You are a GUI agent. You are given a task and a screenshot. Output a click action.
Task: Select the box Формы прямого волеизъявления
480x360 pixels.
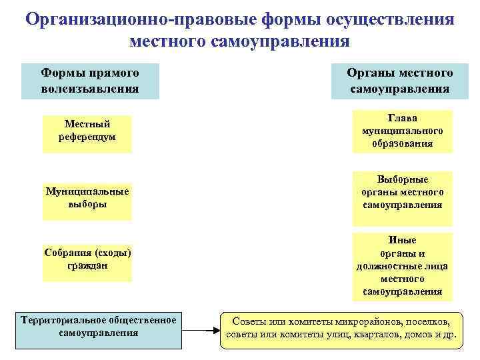90,81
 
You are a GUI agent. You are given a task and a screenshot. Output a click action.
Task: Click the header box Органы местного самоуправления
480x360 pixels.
399,81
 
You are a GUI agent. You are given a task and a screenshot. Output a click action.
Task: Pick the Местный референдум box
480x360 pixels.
87,134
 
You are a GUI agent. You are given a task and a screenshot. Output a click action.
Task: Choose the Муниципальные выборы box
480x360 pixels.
87,201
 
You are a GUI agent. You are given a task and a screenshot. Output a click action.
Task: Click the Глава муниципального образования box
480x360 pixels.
403,131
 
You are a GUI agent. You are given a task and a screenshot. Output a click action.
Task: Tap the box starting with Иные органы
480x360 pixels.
403,266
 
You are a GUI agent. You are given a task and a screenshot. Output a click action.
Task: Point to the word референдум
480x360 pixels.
87,137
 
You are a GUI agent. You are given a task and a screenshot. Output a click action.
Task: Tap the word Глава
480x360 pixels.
403,118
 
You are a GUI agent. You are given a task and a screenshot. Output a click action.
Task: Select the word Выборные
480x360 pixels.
403,180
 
